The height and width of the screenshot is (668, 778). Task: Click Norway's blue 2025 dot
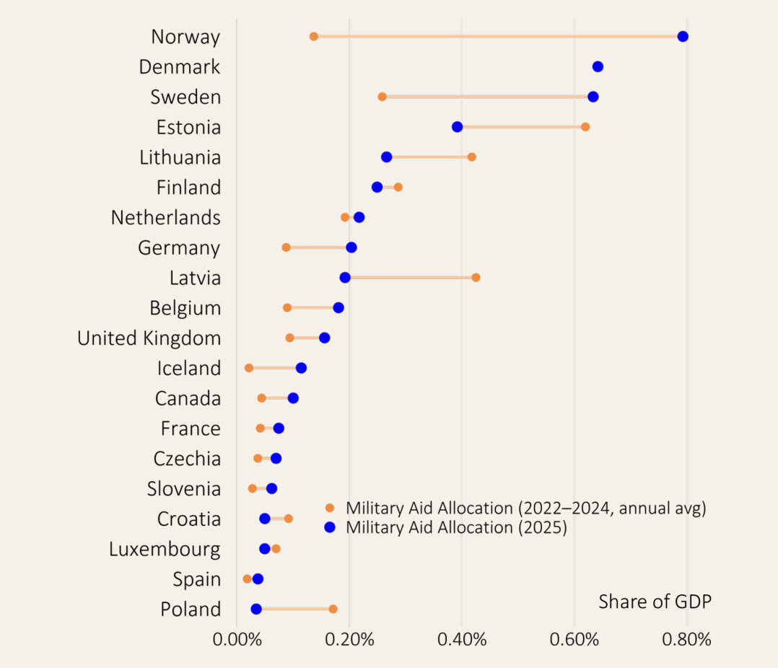pyautogui.click(x=683, y=37)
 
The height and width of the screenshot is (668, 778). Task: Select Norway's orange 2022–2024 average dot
pyautogui.click(x=314, y=37)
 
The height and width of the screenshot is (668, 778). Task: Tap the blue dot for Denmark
pyautogui.click(x=598, y=67)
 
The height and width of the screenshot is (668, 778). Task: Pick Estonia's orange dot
pyautogui.click(x=585, y=127)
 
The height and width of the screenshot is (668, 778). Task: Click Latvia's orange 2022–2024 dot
pyautogui.click(x=476, y=278)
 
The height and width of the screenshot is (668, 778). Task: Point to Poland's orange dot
pyautogui.click(x=333, y=609)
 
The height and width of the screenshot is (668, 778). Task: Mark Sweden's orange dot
pyautogui.click(x=383, y=97)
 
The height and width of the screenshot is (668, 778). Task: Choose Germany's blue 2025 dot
pyautogui.click(x=351, y=247)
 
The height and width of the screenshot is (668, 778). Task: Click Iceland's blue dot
pyautogui.click(x=301, y=368)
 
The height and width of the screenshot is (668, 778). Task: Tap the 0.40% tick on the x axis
pyautogui.click(x=462, y=640)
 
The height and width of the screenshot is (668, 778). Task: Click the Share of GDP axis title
pyautogui.click(x=655, y=602)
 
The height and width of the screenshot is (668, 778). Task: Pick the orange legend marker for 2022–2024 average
pyautogui.click(x=330, y=508)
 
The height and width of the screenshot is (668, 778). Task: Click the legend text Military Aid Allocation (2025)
pyautogui.click(x=456, y=527)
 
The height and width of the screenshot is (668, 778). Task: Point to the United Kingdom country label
pyautogui.click(x=149, y=338)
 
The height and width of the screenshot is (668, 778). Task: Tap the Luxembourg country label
pyautogui.click(x=165, y=549)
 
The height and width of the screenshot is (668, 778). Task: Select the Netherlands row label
pyautogui.click(x=166, y=217)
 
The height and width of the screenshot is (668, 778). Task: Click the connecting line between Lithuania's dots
pyautogui.click(x=429, y=157)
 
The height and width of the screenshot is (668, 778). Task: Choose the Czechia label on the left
pyautogui.click(x=187, y=459)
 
